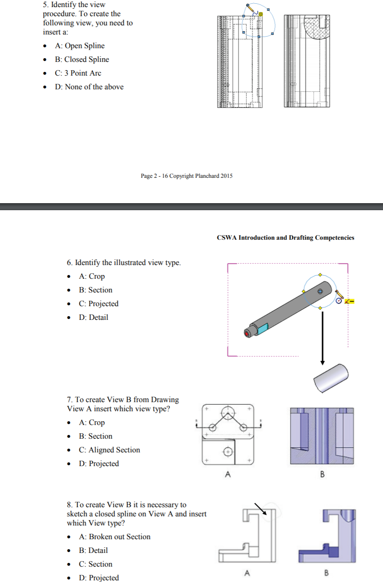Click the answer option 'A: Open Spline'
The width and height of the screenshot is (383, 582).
click(x=79, y=46)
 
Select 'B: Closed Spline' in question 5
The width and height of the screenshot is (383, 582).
click(x=82, y=59)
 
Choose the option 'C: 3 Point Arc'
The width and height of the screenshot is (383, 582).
click(x=78, y=73)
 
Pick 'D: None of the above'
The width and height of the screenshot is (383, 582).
click(x=89, y=87)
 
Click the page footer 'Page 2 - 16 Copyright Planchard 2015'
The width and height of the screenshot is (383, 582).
click(x=187, y=176)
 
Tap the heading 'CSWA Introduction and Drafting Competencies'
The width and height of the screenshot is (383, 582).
click(x=285, y=238)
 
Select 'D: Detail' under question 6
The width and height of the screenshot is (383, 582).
click(x=93, y=317)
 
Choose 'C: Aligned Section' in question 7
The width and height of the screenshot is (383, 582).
click(x=109, y=450)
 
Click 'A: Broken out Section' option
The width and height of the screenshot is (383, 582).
click(x=115, y=537)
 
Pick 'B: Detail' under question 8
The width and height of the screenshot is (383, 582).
click(x=93, y=550)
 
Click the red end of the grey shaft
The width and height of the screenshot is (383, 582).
click(x=247, y=333)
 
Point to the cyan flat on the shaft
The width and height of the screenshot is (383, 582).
click(x=263, y=329)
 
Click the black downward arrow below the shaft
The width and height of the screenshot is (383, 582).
click(x=322, y=339)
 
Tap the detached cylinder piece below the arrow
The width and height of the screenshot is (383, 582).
click(x=331, y=378)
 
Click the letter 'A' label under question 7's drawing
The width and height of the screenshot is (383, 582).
click(x=228, y=474)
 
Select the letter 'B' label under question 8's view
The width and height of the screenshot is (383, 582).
click(x=326, y=573)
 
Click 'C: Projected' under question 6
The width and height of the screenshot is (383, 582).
click(x=98, y=304)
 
